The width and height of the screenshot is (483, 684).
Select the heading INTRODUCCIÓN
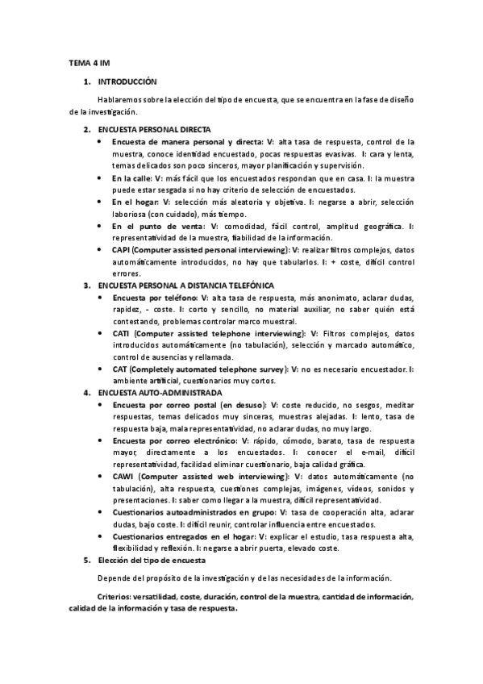coord(127,81)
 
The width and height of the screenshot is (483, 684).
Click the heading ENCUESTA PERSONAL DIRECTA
coord(154,129)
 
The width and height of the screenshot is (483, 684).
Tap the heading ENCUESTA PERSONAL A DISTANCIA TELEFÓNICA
coord(186,286)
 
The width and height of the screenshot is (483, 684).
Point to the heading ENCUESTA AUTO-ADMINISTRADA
coord(159,392)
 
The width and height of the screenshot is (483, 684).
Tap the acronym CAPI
coord(122,250)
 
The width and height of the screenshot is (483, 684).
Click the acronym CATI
coord(122,333)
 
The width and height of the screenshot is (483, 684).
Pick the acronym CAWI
coord(123,478)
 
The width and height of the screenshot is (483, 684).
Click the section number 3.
coord(85,286)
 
